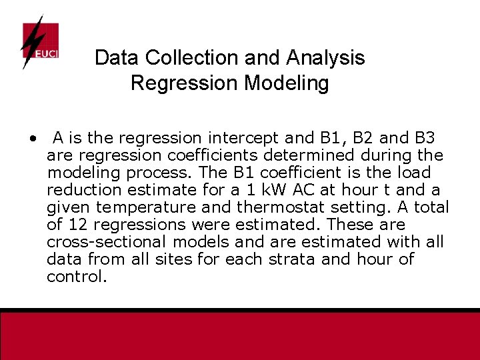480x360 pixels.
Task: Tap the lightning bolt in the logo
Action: pos(31,40)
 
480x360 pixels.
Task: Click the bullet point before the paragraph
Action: pos(32,139)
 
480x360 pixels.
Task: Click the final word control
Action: pos(76,277)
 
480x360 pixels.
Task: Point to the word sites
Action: pos(174,259)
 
